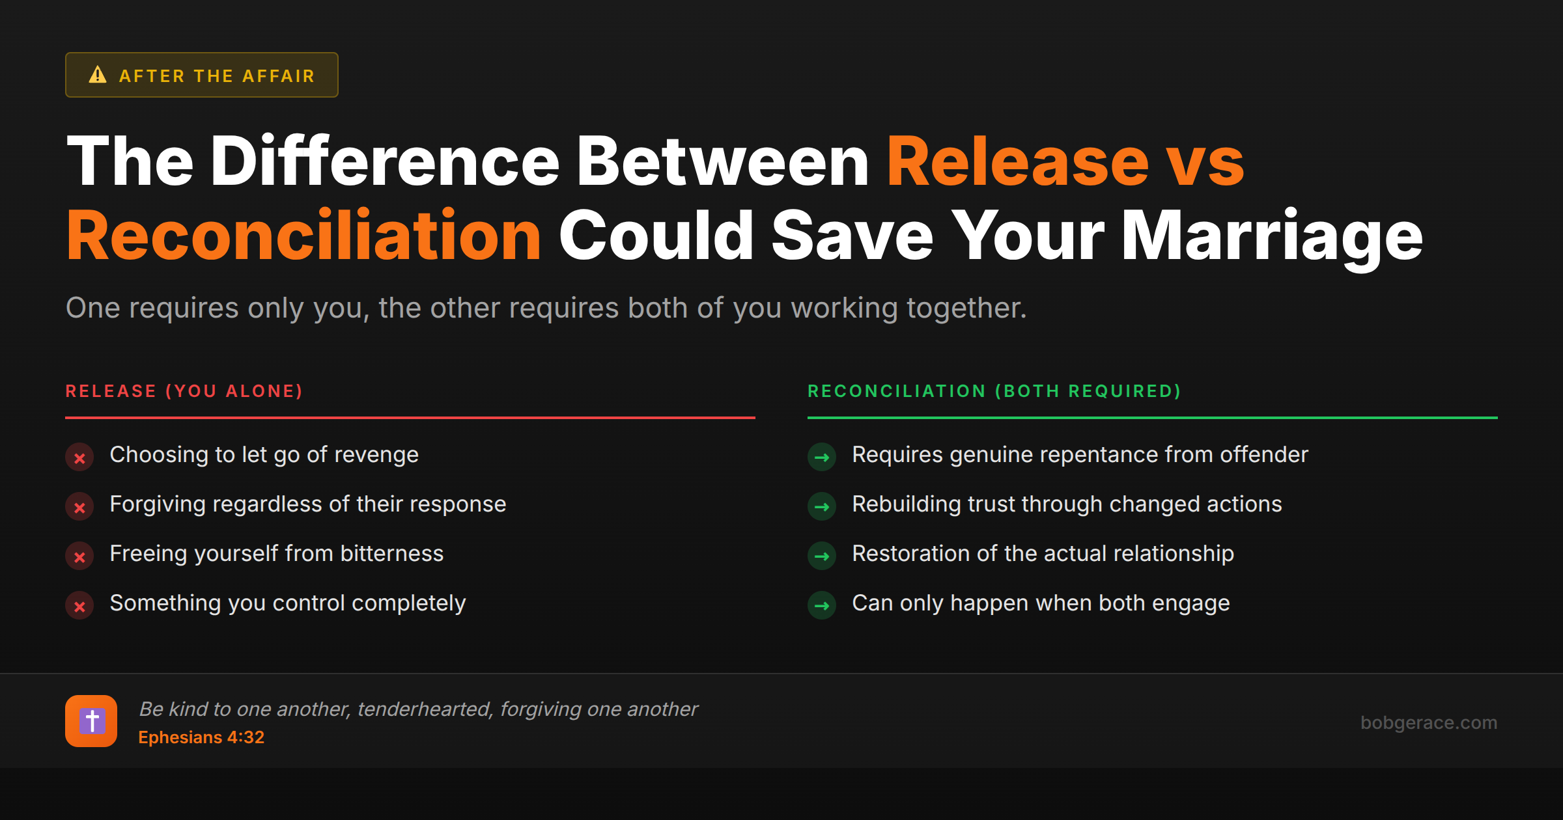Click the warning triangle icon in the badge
[x=98, y=75]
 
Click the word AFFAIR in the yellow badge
[x=279, y=76]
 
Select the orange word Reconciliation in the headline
[x=303, y=236]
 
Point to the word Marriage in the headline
[x=1271, y=236]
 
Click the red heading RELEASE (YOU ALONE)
[x=184, y=391]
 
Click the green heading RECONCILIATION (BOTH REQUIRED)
[x=994, y=391]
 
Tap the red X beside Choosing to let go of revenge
[x=79, y=458]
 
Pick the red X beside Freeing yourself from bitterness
[x=79, y=556]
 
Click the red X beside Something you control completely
[x=79, y=606]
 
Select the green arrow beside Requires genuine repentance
[x=822, y=458]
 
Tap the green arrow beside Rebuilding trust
[x=822, y=507]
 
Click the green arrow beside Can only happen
[x=822, y=606]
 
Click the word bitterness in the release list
[x=392, y=554]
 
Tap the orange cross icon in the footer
[x=91, y=721]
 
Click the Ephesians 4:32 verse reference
[x=201, y=737]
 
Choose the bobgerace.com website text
[x=1429, y=722]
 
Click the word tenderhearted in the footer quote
[x=425, y=709]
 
